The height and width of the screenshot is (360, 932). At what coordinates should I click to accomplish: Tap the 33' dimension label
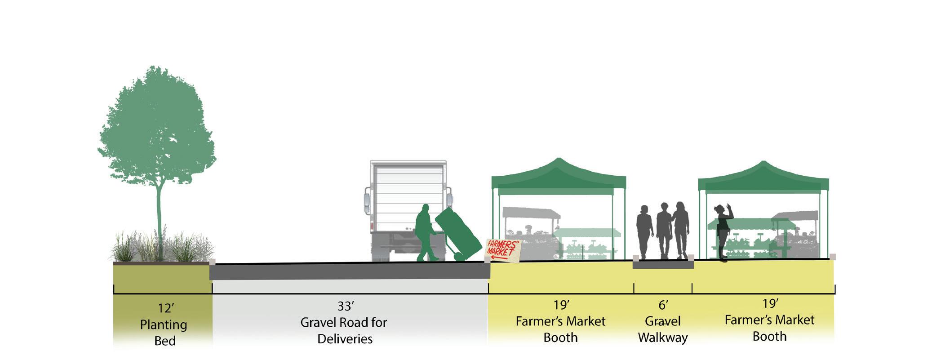346,306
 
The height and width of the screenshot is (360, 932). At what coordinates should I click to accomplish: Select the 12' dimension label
165,308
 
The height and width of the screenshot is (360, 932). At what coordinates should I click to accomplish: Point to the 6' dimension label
663,305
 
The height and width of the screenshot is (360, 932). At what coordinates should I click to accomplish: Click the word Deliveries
345,338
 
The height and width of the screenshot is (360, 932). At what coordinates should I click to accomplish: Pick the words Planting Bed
164,333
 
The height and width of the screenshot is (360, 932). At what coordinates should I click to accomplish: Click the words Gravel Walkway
663,329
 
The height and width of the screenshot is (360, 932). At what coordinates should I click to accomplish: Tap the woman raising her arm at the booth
723,231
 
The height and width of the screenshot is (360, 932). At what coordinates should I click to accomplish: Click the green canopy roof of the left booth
559,178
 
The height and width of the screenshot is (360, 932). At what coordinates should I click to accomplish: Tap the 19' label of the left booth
561,305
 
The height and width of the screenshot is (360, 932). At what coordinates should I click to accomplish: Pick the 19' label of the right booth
770,304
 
